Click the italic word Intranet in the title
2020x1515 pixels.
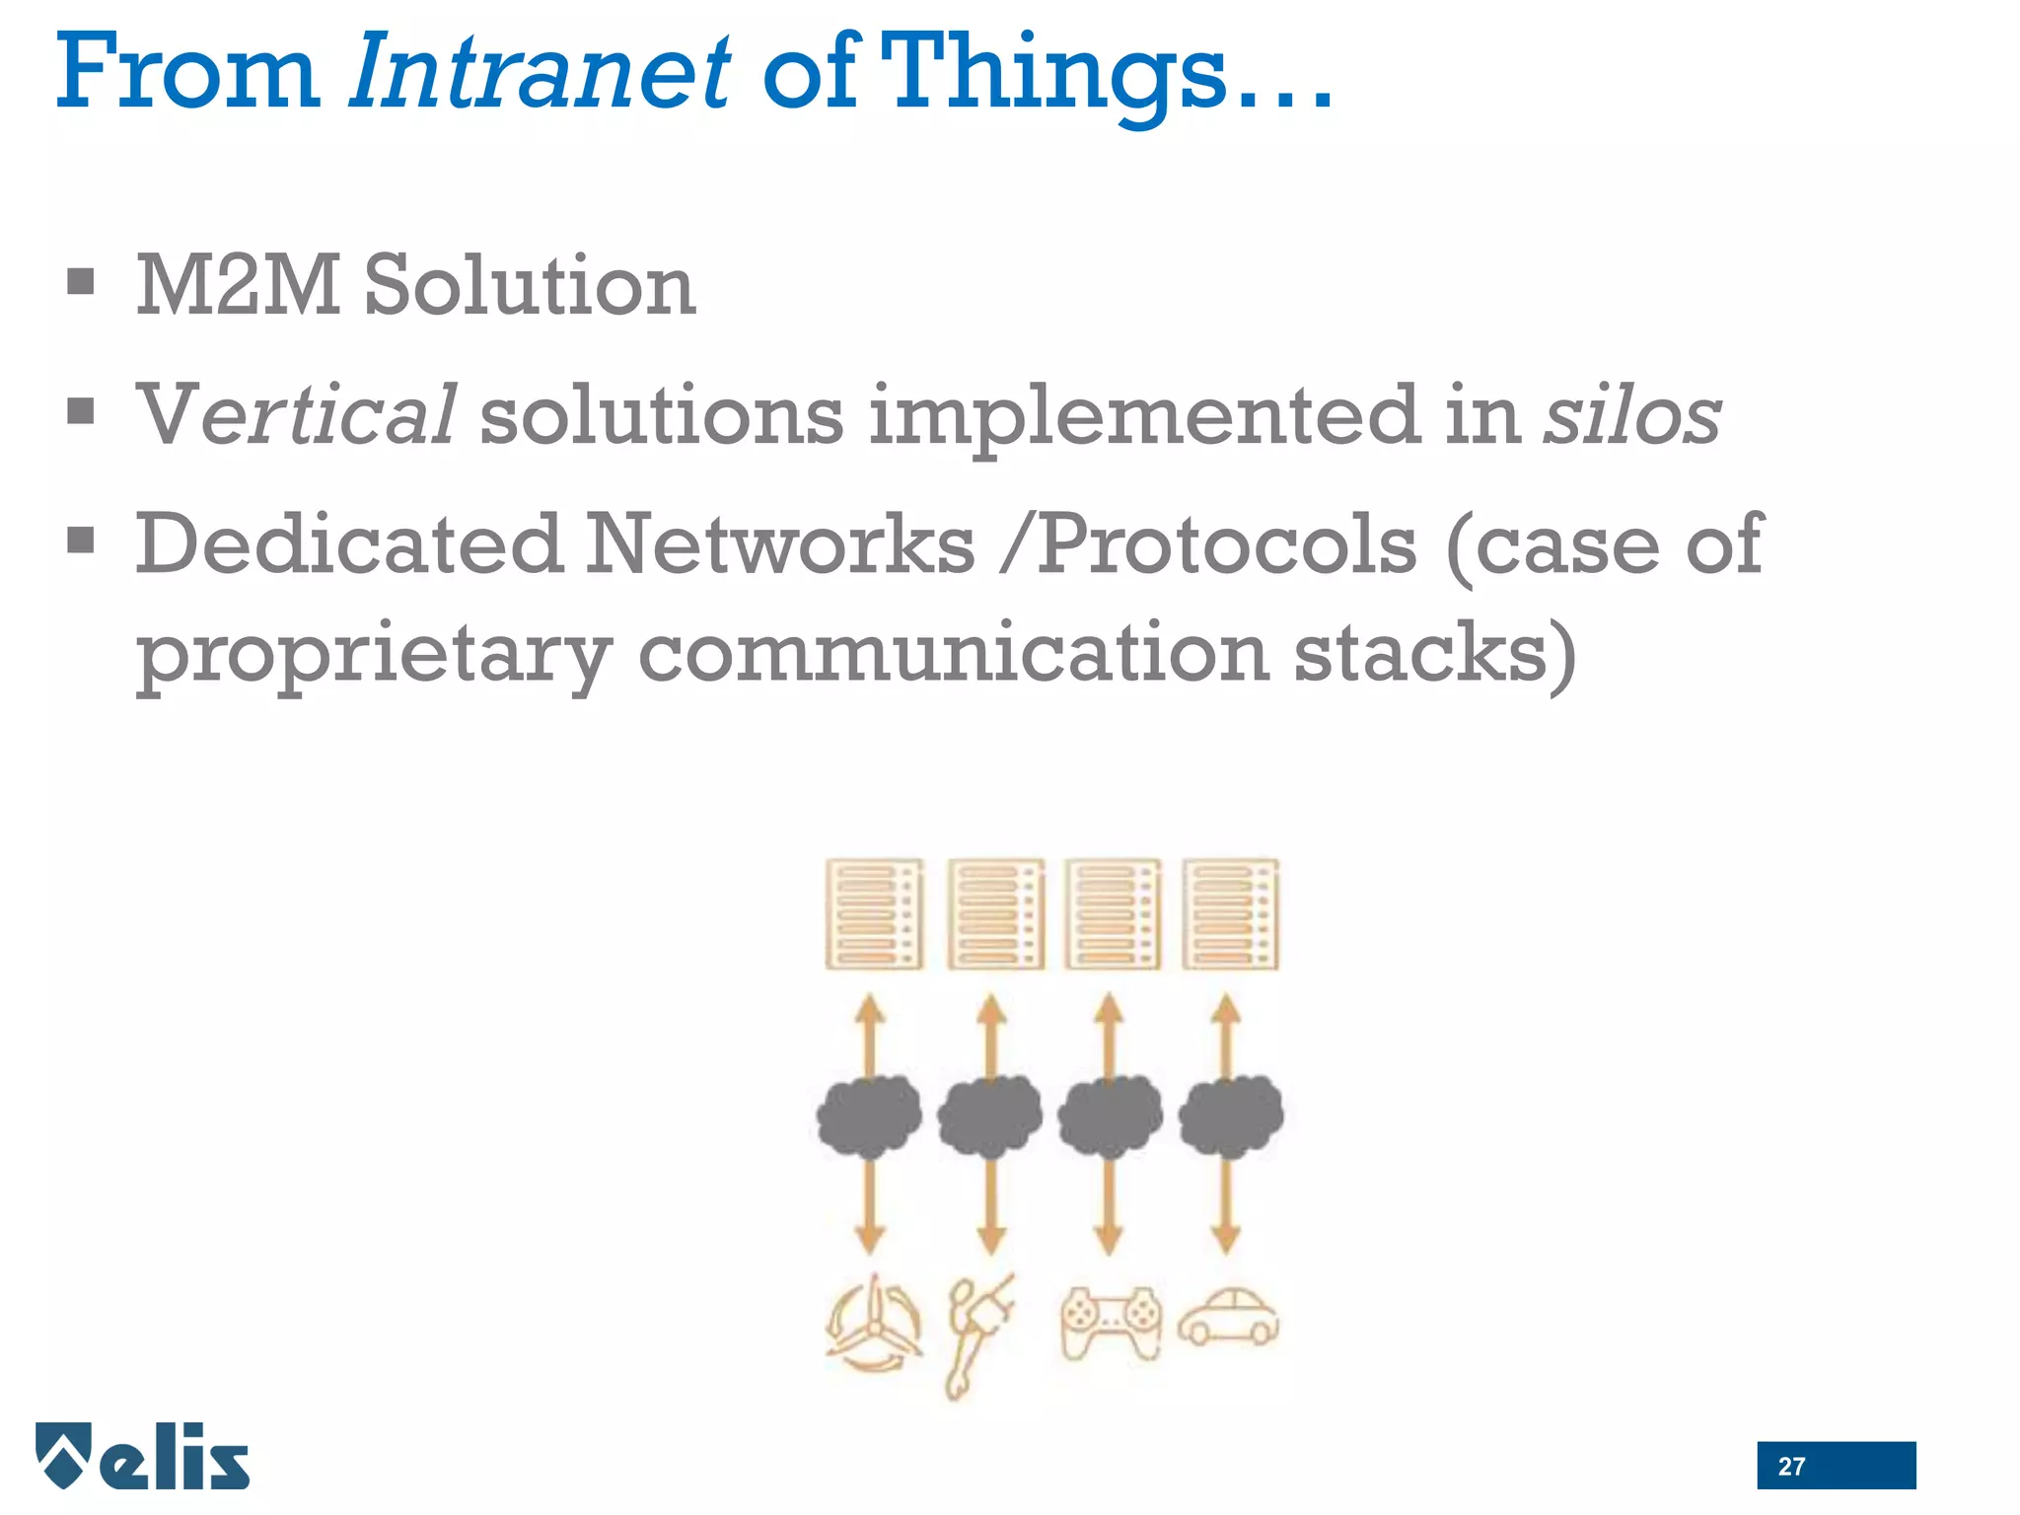tap(540, 73)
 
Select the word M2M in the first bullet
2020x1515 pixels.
tap(237, 285)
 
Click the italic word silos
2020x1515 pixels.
tap(1631, 415)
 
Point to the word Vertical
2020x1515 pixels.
tap(295, 415)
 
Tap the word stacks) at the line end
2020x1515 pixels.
tap(1434, 653)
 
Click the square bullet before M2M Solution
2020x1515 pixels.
tap(81, 282)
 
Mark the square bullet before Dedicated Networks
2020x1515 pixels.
tap(81, 541)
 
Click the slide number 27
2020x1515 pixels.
tap(1791, 1467)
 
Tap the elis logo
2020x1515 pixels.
tap(143, 1456)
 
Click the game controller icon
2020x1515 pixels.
tap(1111, 1323)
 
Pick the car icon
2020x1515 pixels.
tap(1229, 1318)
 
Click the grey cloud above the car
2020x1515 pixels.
tap(1231, 1116)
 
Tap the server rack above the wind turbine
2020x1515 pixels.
tap(874, 914)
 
